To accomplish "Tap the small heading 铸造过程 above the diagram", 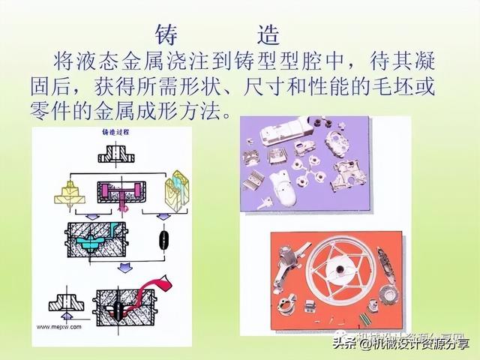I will [116, 133].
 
